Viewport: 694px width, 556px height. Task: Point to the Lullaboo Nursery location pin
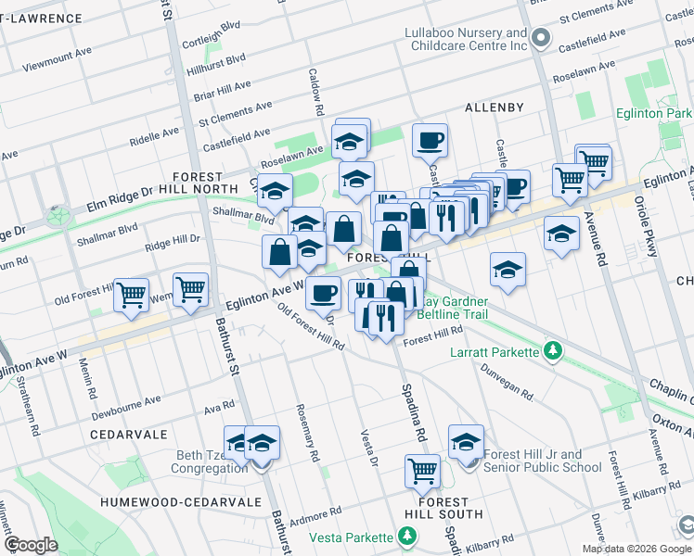[x=542, y=39]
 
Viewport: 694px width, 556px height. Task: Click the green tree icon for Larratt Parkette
[x=553, y=351]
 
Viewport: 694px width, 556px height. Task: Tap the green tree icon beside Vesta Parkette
[x=406, y=536]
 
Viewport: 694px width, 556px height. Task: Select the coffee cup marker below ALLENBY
[x=430, y=140]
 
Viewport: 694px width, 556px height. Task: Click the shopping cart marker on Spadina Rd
[x=422, y=470]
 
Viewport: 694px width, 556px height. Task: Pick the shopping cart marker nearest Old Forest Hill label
[x=131, y=295]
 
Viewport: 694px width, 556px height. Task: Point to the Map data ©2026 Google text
[x=636, y=549]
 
